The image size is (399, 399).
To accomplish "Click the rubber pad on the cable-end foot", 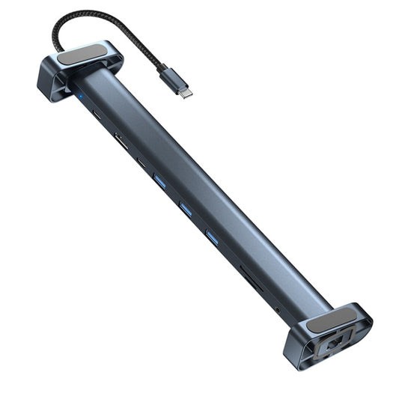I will (81, 58).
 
